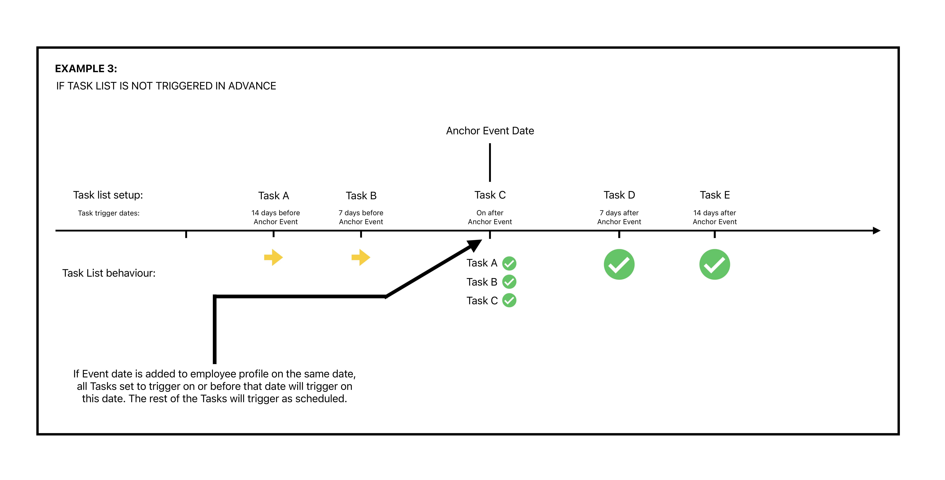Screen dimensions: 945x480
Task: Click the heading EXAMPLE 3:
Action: [x=86, y=69]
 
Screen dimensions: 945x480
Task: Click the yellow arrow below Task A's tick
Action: [x=273, y=257]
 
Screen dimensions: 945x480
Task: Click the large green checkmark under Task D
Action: [x=619, y=264]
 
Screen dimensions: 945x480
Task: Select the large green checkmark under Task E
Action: [x=715, y=264]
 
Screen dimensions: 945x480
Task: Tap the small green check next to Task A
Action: [x=509, y=263]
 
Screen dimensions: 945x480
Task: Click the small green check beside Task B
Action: [x=509, y=282]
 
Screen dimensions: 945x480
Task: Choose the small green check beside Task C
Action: [x=509, y=300]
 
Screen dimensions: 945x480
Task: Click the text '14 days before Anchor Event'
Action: [x=276, y=217]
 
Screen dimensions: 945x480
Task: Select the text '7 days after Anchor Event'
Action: [x=619, y=217]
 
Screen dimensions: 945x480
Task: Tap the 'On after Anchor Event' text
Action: [x=490, y=217]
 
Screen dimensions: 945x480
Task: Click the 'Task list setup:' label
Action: [x=108, y=195]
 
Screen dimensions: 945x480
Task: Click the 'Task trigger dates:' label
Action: [x=109, y=213]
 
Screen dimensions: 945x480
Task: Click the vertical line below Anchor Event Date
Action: [x=490, y=162]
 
